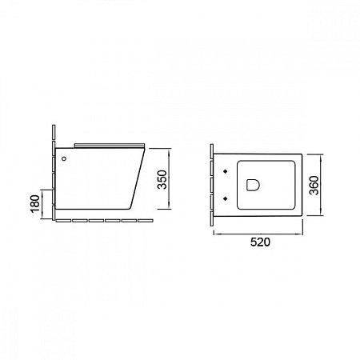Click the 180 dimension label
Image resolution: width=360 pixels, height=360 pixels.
(35, 204)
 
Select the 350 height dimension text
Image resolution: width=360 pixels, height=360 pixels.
(162, 179)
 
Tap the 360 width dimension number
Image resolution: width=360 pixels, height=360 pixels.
(314, 186)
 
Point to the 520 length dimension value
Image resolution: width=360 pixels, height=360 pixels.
(260, 242)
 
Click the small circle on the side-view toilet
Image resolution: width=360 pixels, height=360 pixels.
(64, 158)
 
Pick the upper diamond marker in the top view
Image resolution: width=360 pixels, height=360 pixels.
(226, 171)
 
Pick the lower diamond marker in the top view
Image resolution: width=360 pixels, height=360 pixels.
(226, 198)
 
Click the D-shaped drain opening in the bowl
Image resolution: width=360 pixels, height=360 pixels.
(253, 185)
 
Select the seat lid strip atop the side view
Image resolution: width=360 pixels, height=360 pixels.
(110, 145)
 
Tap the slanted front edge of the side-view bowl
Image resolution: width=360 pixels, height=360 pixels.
(138, 178)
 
